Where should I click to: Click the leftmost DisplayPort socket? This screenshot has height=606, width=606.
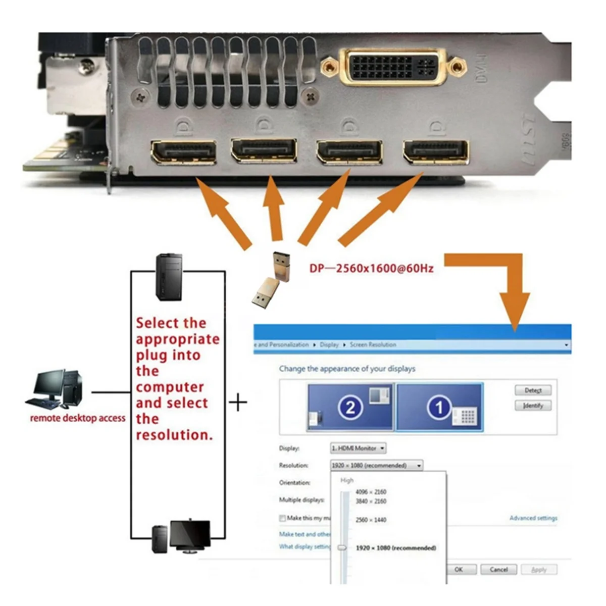tap(183, 152)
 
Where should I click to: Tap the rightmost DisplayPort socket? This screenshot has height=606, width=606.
tap(435, 152)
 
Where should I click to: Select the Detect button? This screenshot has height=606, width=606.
tap(533, 390)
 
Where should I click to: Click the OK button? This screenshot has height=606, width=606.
tap(459, 569)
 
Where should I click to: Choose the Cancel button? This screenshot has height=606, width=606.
tap(498, 569)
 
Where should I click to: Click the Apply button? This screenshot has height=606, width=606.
tap(539, 569)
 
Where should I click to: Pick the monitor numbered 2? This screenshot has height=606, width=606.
tap(350, 407)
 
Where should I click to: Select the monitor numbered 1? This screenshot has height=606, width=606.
tap(439, 407)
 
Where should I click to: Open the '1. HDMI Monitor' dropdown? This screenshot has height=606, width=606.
tap(358, 448)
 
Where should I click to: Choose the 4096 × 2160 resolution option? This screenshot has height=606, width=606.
tap(371, 492)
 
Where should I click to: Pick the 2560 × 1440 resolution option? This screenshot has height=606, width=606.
tap(371, 520)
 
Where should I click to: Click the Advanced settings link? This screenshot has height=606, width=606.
tap(533, 518)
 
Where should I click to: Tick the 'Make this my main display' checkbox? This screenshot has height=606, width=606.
tap(282, 518)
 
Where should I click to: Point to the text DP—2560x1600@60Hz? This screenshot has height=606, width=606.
tap(372, 268)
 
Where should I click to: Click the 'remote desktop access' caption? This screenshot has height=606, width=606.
tap(78, 418)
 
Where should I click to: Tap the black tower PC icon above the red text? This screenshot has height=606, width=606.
tap(169, 277)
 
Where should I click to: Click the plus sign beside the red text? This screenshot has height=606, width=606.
tap(238, 402)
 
